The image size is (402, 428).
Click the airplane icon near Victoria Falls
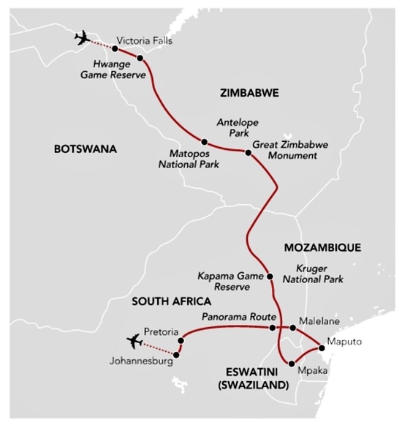pos(83,39)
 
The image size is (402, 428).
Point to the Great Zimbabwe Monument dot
pos(248,153)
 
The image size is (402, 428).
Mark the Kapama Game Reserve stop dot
pos(270,277)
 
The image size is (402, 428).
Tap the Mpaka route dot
pos(291,364)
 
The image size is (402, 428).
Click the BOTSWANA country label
pos(86,149)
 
